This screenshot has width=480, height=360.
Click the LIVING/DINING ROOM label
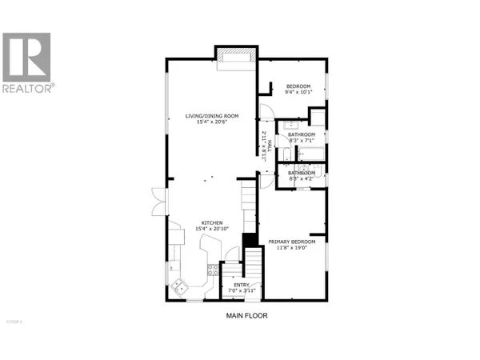pos(211,117)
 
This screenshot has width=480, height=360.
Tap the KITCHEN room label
pos(211,223)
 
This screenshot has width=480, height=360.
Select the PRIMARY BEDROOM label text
pos(291,242)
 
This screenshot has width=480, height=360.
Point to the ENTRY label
pos(241,284)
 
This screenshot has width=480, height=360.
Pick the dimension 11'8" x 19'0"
pos(291,247)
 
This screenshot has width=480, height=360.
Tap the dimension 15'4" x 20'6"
pos(211,122)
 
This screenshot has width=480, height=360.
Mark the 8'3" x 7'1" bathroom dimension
pos(302,140)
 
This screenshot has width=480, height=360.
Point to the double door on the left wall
pos(157,199)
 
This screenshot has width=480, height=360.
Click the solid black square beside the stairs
pos(249,239)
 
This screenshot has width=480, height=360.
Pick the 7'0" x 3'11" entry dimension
pos(241,290)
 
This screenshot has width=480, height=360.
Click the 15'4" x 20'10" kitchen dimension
pos(211,229)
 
